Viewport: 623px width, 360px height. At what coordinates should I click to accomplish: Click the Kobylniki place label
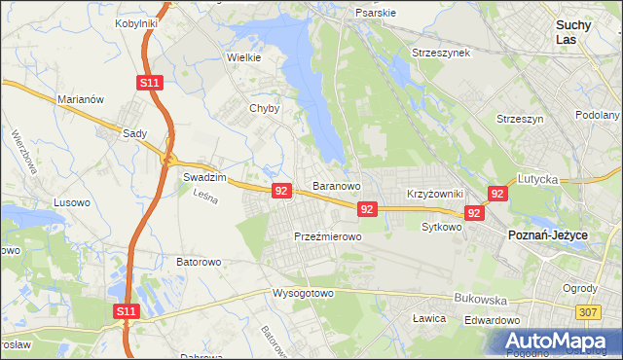point(136,22)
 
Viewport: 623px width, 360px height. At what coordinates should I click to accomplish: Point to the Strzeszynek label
point(441,52)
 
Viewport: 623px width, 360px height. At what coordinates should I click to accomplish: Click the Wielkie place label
point(243,57)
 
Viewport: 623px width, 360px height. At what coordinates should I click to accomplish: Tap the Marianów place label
point(81,99)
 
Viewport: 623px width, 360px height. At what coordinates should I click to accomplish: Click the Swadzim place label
point(204,178)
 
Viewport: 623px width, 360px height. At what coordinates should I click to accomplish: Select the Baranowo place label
point(337,185)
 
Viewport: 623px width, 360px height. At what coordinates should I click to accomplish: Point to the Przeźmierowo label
point(328,236)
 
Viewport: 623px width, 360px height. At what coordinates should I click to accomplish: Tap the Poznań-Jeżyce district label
point(547,235)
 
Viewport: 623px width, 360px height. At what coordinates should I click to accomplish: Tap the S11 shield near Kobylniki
point(148,84)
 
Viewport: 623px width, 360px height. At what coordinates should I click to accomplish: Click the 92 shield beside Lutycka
point(497,194)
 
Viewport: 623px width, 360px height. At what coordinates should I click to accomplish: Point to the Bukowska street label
point(477,301)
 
